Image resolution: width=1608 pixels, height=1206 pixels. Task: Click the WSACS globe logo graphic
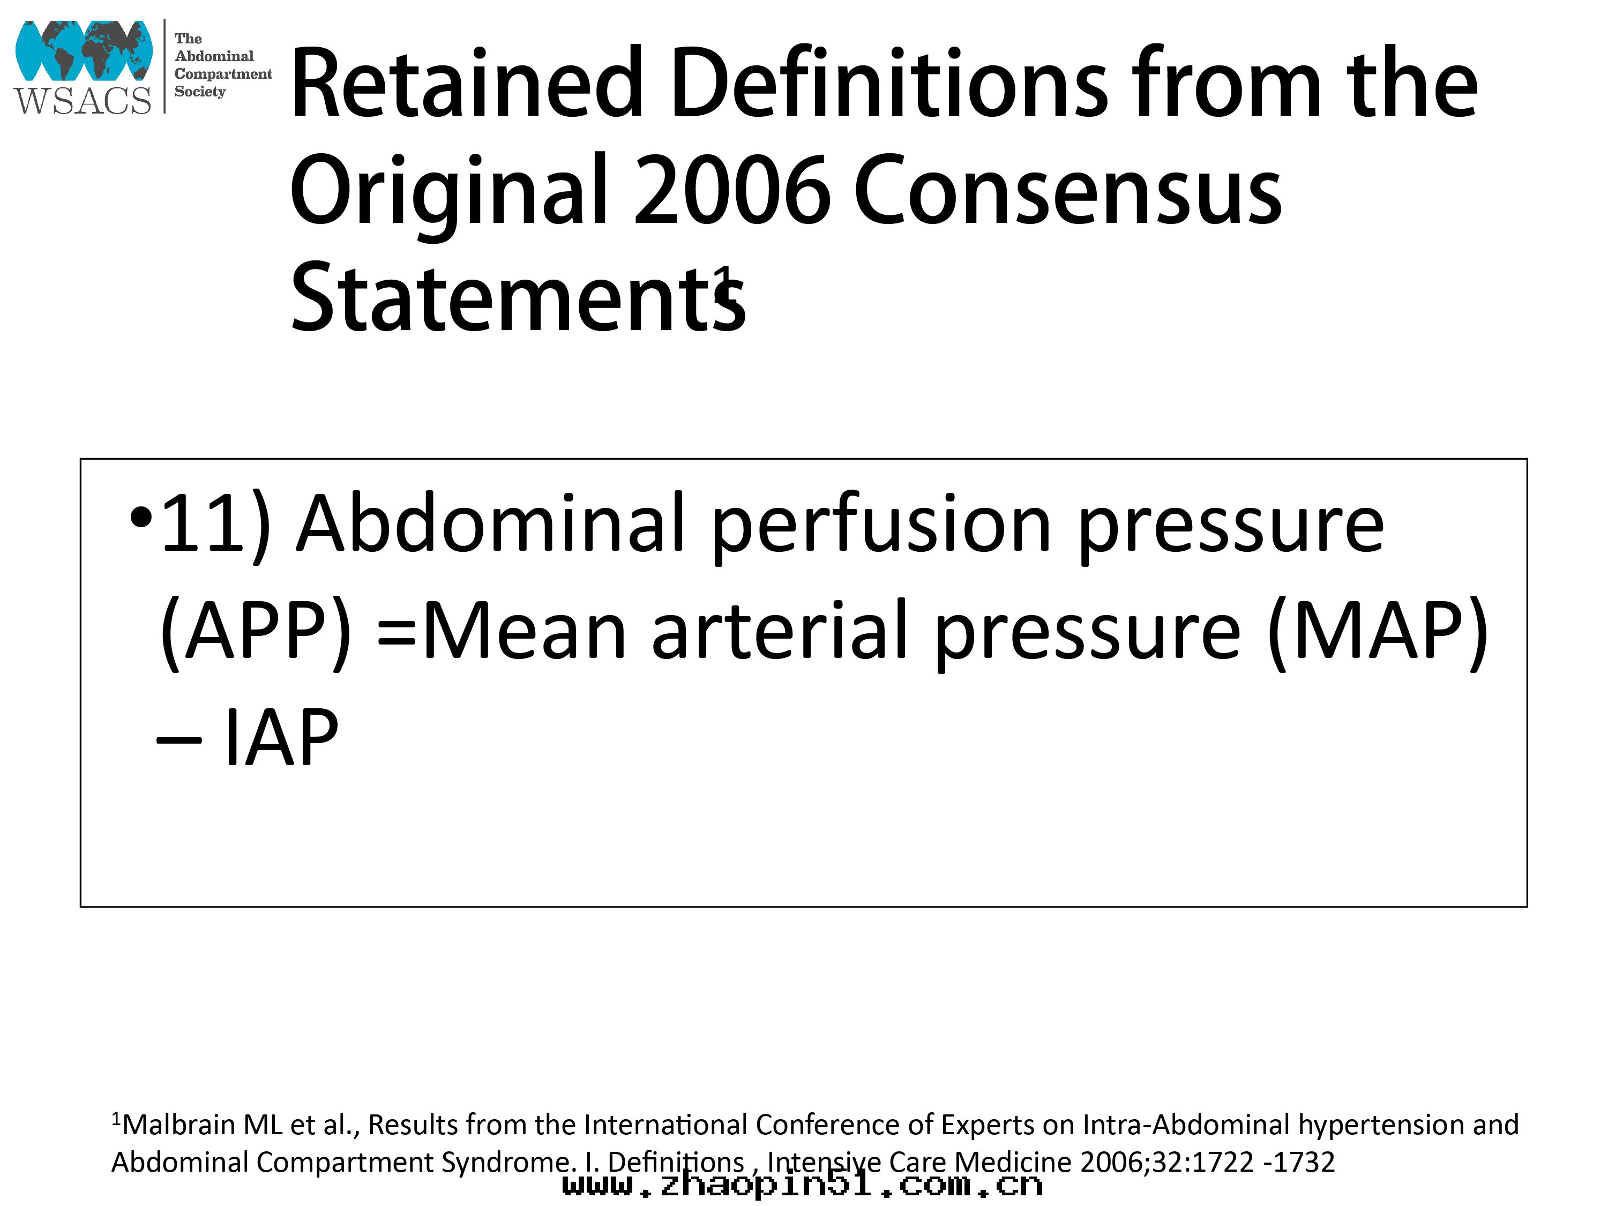pos(84,50)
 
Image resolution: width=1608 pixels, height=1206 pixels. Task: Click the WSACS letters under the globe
pos(82,100)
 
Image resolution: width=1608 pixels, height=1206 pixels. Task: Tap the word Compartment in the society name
pos(222,74)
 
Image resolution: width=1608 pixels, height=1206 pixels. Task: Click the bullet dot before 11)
pos(141,518)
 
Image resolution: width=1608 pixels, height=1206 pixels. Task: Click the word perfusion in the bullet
pos(881,528)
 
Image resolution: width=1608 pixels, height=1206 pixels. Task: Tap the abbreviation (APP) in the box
pos(255,632)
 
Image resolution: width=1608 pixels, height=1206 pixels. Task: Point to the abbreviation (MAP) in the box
pos(1378,632)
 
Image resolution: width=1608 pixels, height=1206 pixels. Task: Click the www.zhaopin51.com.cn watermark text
pos(803,1185)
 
